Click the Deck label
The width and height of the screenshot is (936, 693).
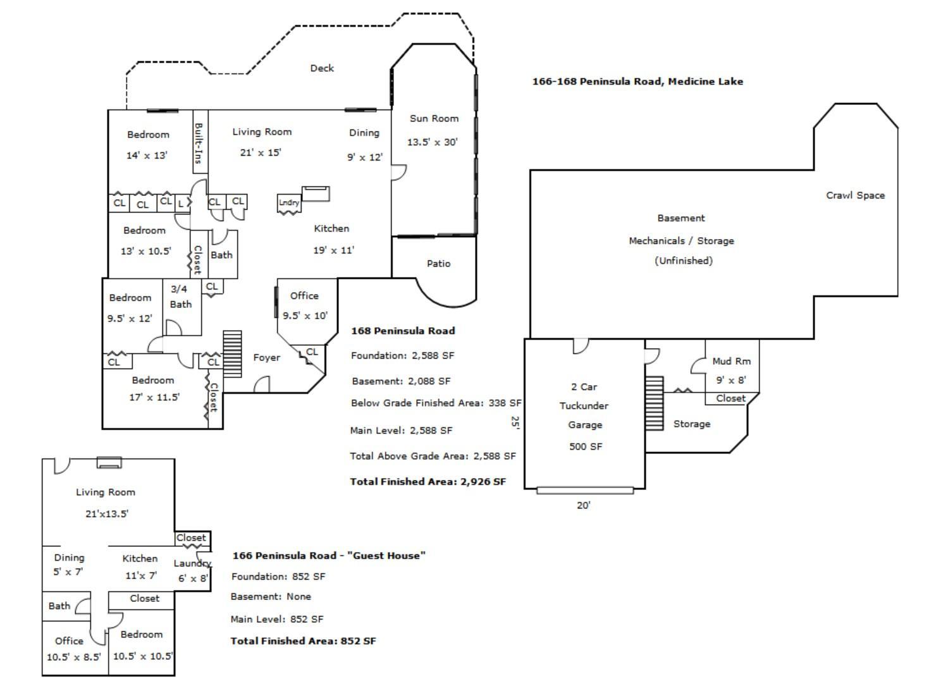322,68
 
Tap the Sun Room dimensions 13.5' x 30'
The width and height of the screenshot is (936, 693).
432,142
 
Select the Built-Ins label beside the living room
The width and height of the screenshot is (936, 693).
199,143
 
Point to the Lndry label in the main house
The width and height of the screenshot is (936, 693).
288,202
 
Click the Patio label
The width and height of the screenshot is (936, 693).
438,264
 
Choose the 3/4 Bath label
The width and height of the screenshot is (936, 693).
181,297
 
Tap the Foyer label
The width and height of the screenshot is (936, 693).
267,357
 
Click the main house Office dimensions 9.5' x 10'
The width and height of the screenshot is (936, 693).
305,316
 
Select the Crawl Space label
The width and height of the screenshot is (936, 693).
856,195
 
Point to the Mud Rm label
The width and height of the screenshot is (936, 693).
731,361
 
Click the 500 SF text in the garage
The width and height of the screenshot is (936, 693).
586,446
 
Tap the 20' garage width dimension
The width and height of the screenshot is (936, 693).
584,505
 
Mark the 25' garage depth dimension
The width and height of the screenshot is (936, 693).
515,422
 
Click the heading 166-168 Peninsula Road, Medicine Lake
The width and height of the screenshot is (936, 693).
637,82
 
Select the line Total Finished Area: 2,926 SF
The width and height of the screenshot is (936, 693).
428,482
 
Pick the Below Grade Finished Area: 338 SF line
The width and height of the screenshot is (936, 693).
436,403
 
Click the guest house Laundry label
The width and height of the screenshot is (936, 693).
192,563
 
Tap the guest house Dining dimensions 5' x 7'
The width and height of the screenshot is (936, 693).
68,572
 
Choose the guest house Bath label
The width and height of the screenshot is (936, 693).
59,606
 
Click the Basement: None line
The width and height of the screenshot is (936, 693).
271,596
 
